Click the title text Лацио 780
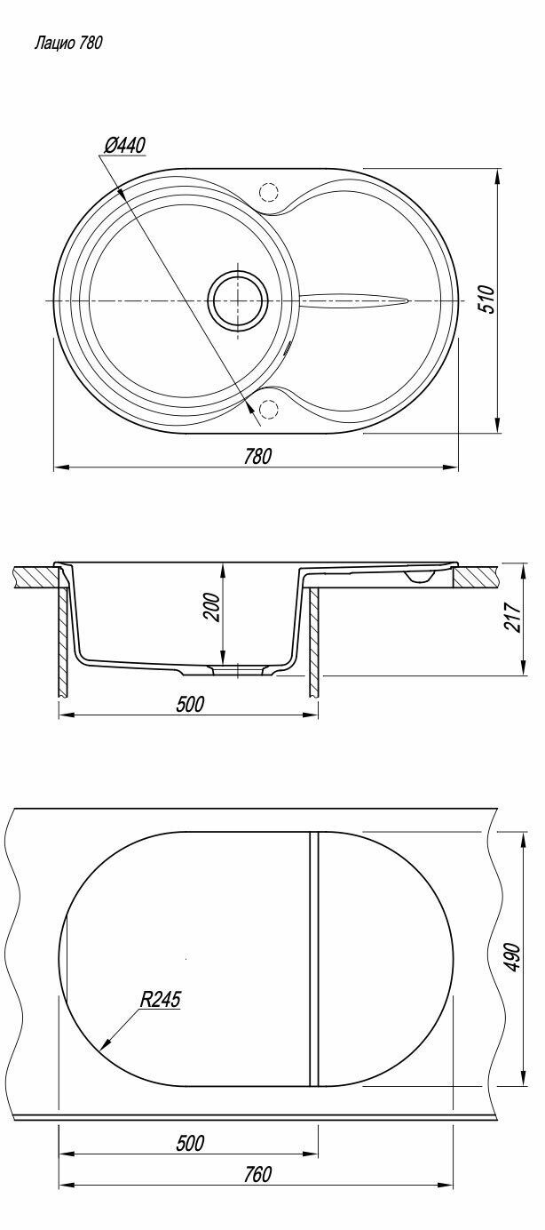pyautogui.click(x=68, y=44)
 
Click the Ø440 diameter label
pyautogui.click(x=124, y=146)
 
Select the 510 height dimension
pyautogui.click(x=487, y=300)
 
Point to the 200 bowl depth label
pyautogui.click(x=213, y=608)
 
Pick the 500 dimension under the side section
pyautogui.click(x=189, y=704)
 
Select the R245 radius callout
pyautogui.click(x=160, y=999)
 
